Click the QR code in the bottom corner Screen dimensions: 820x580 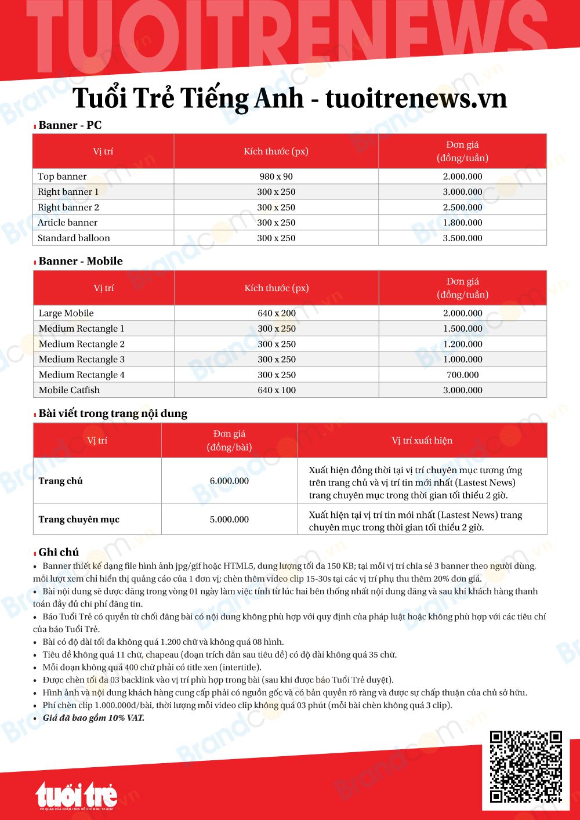[526, 766]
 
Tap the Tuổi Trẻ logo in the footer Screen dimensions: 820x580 [76, 795]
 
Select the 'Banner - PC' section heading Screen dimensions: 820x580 [70, 125]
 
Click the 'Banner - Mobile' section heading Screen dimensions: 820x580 [81, 262]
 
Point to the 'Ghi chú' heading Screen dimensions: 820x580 [59, 552]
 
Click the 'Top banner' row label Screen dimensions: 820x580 [62, 176]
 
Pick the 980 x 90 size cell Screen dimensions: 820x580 [276, 176]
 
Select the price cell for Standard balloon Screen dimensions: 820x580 [462, 238]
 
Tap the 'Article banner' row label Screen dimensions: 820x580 [67, 223]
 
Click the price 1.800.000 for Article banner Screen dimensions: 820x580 [462, 223]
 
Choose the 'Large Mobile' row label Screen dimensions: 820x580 [66, 313]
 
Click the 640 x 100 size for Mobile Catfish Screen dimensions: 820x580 [277, 390]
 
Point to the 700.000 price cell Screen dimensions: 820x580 [462, 375]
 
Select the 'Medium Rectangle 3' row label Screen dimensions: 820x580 [81, 360]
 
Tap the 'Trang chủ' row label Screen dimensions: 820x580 [61, 481]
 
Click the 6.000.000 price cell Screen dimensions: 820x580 [229, 481]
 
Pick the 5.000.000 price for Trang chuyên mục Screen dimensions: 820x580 [229, 520]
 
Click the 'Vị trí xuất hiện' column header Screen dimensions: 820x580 [422, 441]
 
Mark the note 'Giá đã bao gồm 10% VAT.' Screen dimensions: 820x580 [93, 718]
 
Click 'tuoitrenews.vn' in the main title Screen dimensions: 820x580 [416, 98]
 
